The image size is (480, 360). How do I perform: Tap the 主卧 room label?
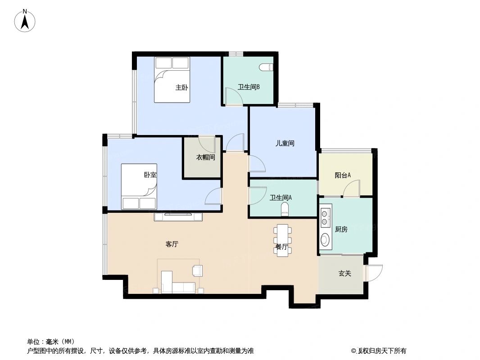pos(181,88)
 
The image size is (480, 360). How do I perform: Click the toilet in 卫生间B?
pos(267,67)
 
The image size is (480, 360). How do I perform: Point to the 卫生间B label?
pos(249,87)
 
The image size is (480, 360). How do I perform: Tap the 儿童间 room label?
pos(285,144)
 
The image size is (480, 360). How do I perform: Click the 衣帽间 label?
pos(205,157)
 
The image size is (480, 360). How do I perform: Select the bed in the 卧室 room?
pos(139,186)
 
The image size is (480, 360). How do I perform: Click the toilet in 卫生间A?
pos(285,209)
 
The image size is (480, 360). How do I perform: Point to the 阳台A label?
pos(343,175)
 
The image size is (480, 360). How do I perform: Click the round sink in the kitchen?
pos(325,239)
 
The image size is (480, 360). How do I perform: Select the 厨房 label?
pos(341,229)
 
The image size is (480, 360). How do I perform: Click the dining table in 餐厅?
pos(282,240)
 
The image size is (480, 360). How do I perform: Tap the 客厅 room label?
pos(172,244)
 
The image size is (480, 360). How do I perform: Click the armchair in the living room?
pos(197,270)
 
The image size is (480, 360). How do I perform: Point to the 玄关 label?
pos(344,273)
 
